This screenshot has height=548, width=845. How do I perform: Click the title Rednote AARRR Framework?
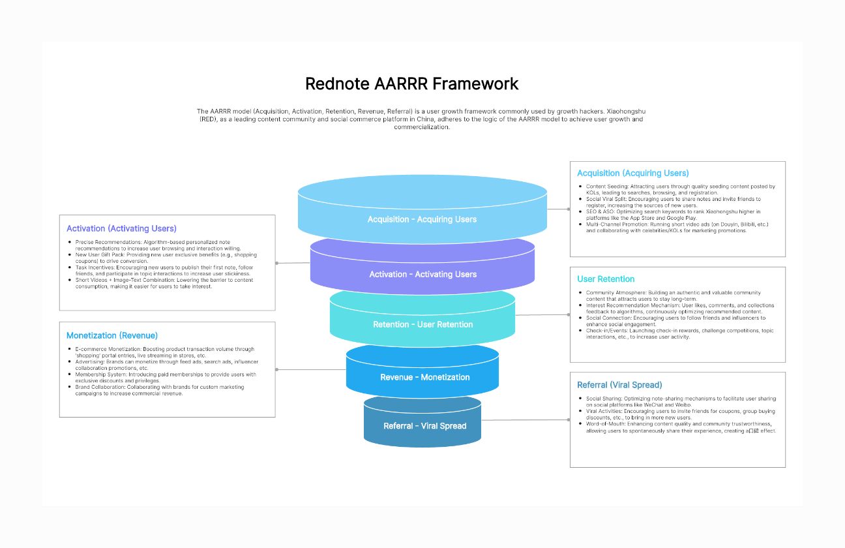click(412, 84)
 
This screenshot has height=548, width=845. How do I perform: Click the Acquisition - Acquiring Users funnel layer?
click(422, 219)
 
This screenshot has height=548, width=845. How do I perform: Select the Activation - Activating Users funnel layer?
click(422, 274)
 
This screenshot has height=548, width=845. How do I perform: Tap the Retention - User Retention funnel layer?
click(422, 324)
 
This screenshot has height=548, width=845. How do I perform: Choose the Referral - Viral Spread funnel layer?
click(424, 426)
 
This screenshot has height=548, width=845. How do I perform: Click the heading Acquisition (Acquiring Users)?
click(632, 173)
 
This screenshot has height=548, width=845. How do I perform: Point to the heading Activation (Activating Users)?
click(121, 228)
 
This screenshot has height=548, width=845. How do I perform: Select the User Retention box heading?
click(606, 279)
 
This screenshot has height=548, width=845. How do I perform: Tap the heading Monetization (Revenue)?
click(112, 335)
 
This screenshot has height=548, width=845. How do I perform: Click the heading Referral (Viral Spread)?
click(619, 385)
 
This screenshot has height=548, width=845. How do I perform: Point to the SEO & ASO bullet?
click(672, 215)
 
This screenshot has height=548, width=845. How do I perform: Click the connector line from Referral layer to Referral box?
click(527, 420)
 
